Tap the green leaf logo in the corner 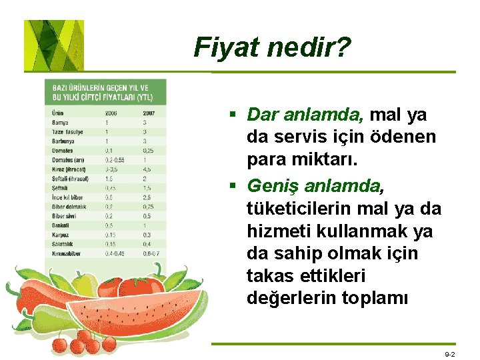tap(54, 45)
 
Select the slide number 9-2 tap(450, 354)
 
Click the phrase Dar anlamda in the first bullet tap(304, 115)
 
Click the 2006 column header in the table tap(111, 113)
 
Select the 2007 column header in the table tap(148, 113)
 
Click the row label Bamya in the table tap(61, 123)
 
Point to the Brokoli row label tap(61, 225)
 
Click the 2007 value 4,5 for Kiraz tap(147, 169)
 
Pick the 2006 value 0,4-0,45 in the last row tap(115, 253)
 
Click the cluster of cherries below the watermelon tap(83, 341)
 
